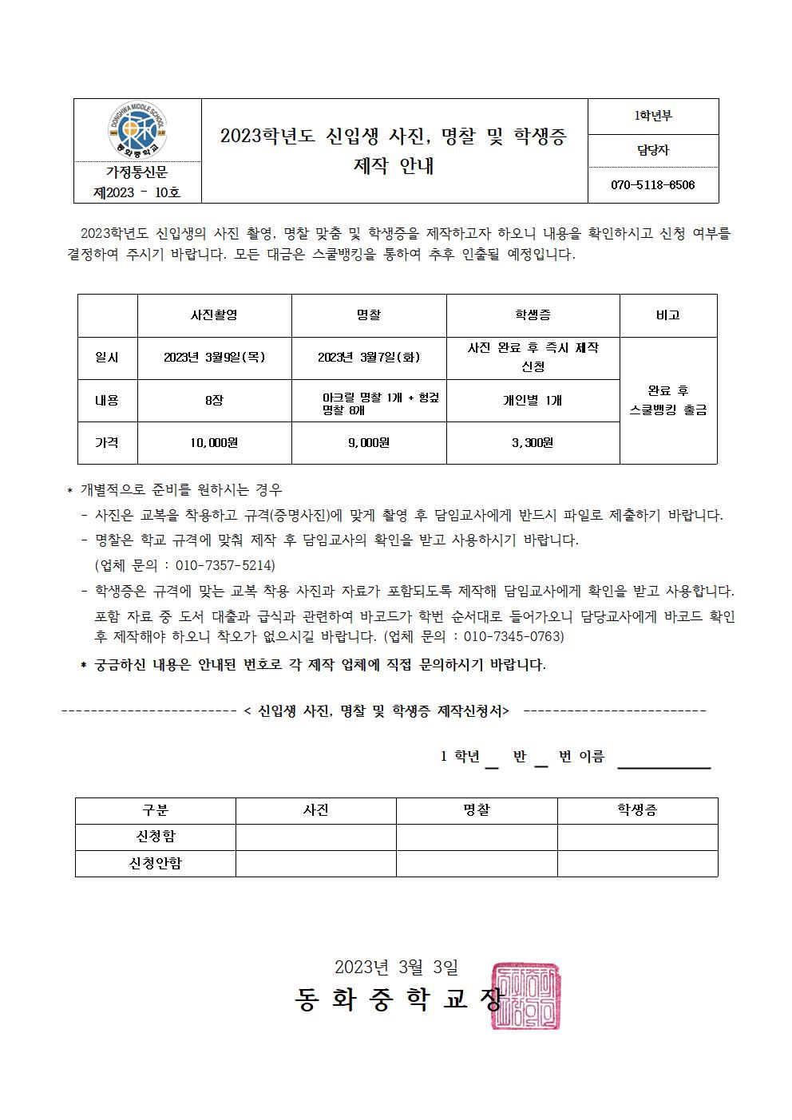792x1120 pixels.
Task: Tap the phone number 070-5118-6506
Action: tap(652, 185)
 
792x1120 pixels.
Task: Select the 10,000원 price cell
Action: tap(214, 442)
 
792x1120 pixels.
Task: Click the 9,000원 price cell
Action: tap(369, 442)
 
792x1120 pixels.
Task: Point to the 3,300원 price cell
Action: tap(533, 442)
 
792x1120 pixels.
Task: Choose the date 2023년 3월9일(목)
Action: tap(214, 358)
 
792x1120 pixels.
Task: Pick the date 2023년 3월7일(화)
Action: tap(369, 358)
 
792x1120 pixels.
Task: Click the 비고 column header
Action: tap(667, 315)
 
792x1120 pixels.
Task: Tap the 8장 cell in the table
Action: tap(214, 401)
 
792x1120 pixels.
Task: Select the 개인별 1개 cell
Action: tap(533, 401)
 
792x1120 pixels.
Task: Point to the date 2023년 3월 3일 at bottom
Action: tap(396, 967)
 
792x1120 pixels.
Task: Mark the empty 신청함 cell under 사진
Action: tap(315, 837)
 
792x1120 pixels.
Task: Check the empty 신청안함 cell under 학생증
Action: tap(637, 863)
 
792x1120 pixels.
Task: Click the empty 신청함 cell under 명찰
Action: tap(477, 837)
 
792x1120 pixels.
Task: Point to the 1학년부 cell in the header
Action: tap(652, 116)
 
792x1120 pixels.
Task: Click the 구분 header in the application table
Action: tap(155, 810)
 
